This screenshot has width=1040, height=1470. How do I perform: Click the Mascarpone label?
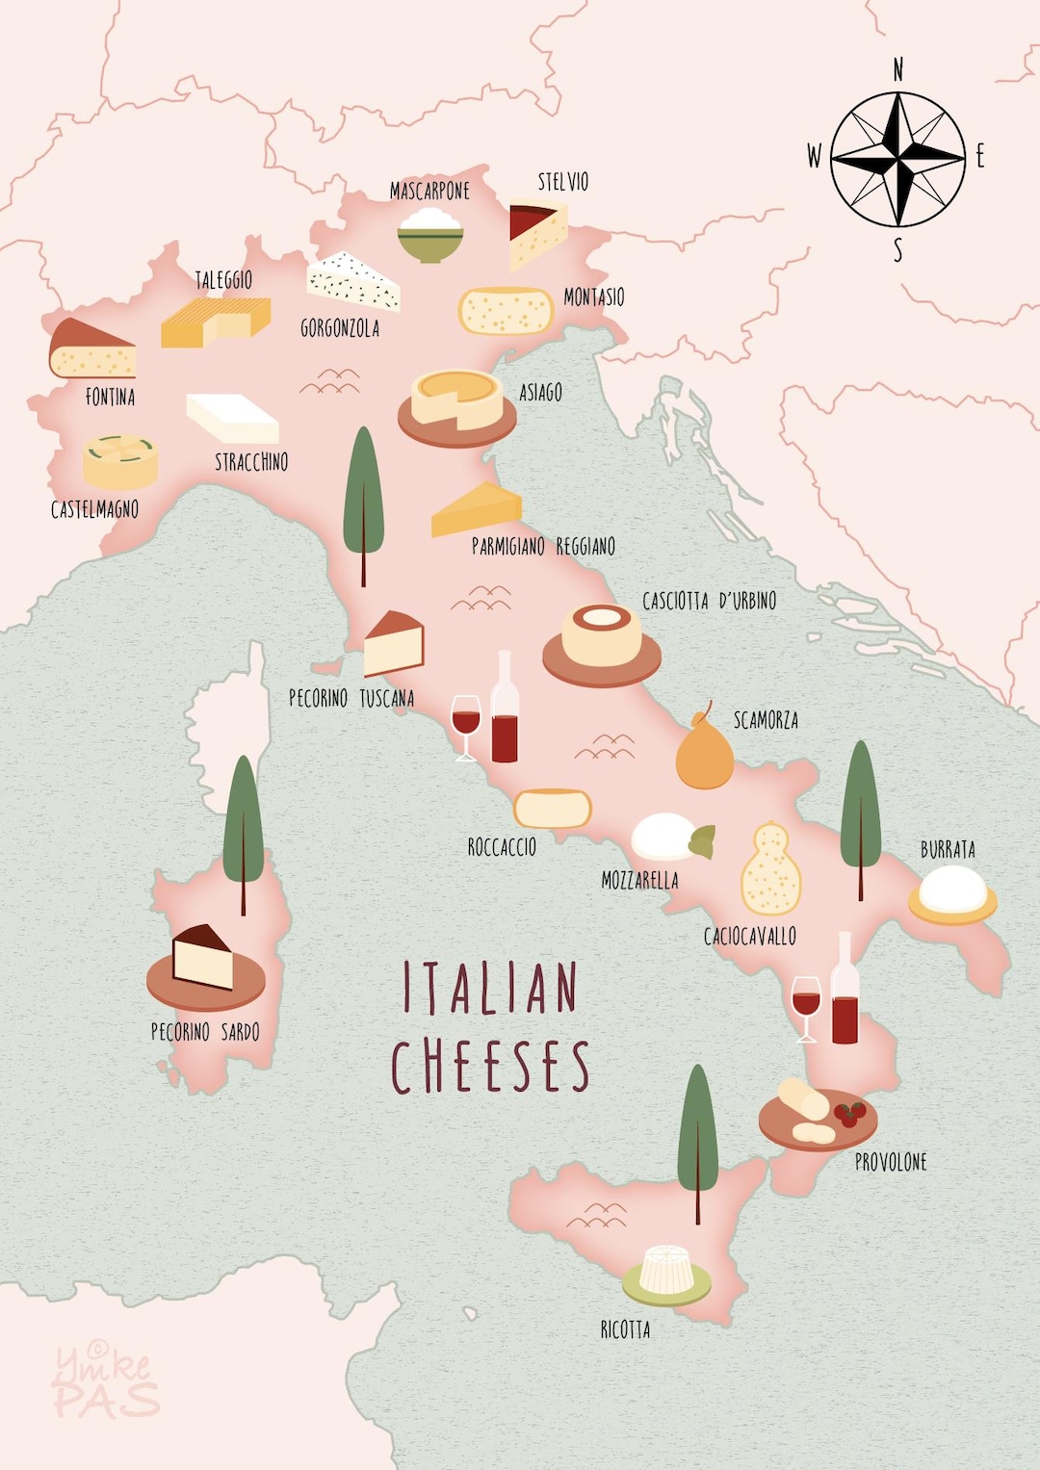(x=429, y=191)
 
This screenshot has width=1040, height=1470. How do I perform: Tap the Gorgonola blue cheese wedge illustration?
(x=352, y=280)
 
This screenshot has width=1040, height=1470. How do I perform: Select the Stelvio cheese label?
(x=562, y=181)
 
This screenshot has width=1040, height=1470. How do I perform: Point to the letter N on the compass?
(x=897, y=70)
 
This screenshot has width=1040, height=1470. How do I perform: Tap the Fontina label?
(x=110, y=397)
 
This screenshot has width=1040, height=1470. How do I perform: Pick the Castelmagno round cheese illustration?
(x=120, y=461)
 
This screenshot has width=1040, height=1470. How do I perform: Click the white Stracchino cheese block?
(x=232, y=418)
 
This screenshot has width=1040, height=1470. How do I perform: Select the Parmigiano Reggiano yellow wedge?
(x=477, y=509)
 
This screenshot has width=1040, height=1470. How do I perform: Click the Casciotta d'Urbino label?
(x=709, y=601)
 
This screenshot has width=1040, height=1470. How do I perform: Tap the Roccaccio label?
(x=502, y=847)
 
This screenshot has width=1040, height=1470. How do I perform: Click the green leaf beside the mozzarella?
(x=702, y=840)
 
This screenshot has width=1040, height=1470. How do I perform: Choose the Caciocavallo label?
(x=749, y=936)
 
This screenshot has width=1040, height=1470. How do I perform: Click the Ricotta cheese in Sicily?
(x=666, y=1271)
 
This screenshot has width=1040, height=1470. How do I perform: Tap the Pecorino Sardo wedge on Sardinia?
(x=203, y=957)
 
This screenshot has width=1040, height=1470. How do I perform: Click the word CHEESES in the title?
(x=490, y=1066)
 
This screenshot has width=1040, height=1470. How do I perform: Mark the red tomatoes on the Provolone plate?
(x=849, y=1114)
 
